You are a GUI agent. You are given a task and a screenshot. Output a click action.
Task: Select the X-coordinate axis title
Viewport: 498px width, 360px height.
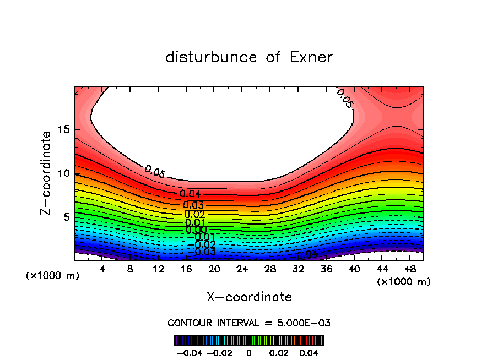point(249,297)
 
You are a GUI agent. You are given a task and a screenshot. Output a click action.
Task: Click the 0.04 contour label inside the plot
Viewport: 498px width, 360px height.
point(190,194)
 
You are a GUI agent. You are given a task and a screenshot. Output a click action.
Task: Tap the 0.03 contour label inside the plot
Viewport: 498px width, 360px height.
point(193,205)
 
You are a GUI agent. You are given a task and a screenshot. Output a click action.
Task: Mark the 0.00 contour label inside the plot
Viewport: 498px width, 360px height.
point(196,230)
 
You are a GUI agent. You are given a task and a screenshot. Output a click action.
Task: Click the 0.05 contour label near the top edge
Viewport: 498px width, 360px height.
point(344,97)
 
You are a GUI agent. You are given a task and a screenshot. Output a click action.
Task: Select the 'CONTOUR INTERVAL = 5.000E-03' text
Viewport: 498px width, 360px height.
point(249,323)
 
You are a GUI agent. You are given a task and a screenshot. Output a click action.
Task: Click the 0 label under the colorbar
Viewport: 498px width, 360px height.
point(249,352)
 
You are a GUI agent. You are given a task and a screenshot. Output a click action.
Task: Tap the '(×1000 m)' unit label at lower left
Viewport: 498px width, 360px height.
point(53,276)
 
